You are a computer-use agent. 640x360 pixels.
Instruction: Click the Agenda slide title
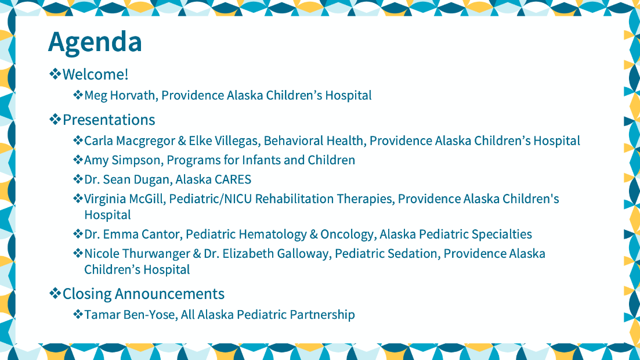(x=95, y=42)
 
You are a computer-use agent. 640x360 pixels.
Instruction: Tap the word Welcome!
(x=96, y=74)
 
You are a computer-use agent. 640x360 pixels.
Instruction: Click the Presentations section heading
(x=109, y=120)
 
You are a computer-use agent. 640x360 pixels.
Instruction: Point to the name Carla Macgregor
(x=129, y=141)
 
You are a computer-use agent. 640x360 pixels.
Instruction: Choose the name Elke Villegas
(x=223, y=141)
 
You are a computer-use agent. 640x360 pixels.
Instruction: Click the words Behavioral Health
(x=313, y=141)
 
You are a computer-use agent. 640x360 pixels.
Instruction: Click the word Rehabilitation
(x=294, y=199)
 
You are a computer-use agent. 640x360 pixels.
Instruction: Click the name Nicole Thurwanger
(x=137, y=254)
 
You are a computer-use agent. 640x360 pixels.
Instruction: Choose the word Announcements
(x=169, y=294)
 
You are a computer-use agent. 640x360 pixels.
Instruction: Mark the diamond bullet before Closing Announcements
(x=55, y=293)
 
